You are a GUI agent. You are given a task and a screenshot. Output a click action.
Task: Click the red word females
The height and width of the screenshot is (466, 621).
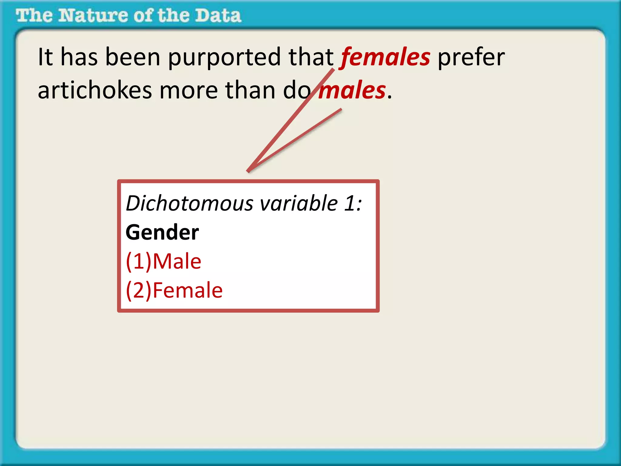[x=385, y=57]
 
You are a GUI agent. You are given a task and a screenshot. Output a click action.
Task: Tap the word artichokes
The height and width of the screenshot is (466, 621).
[x=95, y=90]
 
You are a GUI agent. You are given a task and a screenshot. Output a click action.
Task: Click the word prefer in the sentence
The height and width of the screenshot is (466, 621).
[x=471, y=57]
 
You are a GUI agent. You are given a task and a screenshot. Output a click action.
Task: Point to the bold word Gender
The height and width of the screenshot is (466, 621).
[x=162, y=232]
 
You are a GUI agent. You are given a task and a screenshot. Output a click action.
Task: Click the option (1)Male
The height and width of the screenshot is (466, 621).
[x=163, y=261]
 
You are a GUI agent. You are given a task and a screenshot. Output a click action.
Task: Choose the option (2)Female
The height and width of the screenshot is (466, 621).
[x=174, y=290]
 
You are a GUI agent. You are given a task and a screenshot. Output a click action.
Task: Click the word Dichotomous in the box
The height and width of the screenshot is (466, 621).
[x=190, y=203]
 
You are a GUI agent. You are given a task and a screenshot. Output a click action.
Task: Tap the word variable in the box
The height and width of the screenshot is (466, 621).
[x=299, y=203]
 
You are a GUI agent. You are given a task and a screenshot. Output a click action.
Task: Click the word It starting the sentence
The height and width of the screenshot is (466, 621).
[x=45, y=57]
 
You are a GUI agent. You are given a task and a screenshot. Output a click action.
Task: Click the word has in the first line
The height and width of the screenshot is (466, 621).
[x=79, y=57]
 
